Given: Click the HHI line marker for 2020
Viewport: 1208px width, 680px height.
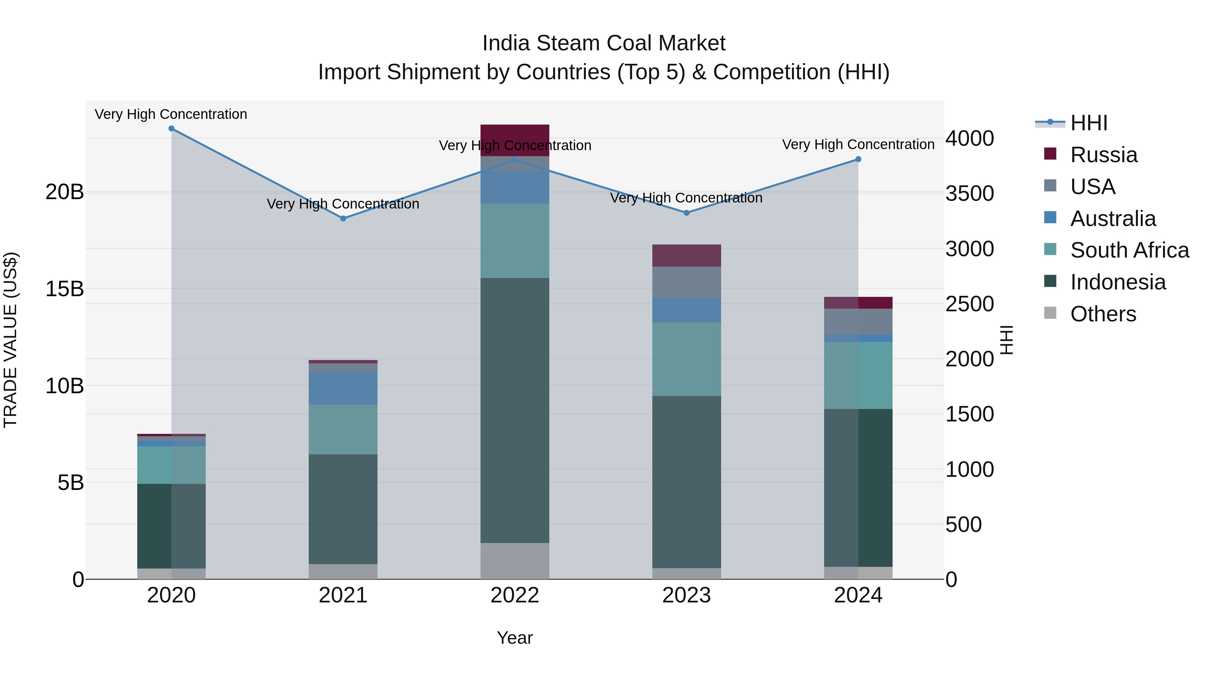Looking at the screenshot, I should (171, 129).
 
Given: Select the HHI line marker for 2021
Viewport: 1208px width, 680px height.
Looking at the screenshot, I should (343, 219).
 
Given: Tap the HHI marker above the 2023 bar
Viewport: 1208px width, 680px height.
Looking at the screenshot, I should (687, 213).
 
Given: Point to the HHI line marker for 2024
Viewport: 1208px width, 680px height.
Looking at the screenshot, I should (858, 160).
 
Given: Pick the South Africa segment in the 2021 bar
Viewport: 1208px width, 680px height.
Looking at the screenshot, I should (343, 429).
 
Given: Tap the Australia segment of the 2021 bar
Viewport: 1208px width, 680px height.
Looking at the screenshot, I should (343, 388).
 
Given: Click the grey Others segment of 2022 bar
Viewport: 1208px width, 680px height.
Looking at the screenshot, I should (514, 561).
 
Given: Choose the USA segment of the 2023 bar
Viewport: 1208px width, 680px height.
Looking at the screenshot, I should (687, 282).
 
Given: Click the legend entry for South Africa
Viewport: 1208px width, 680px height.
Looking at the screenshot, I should (1129, 250).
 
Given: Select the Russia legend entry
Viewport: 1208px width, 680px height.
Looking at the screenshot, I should (1103, 155).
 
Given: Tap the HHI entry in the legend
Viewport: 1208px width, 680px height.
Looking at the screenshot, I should (1089, 123).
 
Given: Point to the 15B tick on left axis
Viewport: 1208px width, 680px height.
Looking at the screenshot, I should (64, 289).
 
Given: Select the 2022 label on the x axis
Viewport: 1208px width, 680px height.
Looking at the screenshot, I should (514, 595).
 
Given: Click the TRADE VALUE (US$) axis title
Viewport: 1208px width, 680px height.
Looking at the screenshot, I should (10, 340).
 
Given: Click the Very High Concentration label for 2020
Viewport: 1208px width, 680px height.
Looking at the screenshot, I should (171, 115).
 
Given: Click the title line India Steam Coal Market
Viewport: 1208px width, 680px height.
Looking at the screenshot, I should (604, 43).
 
